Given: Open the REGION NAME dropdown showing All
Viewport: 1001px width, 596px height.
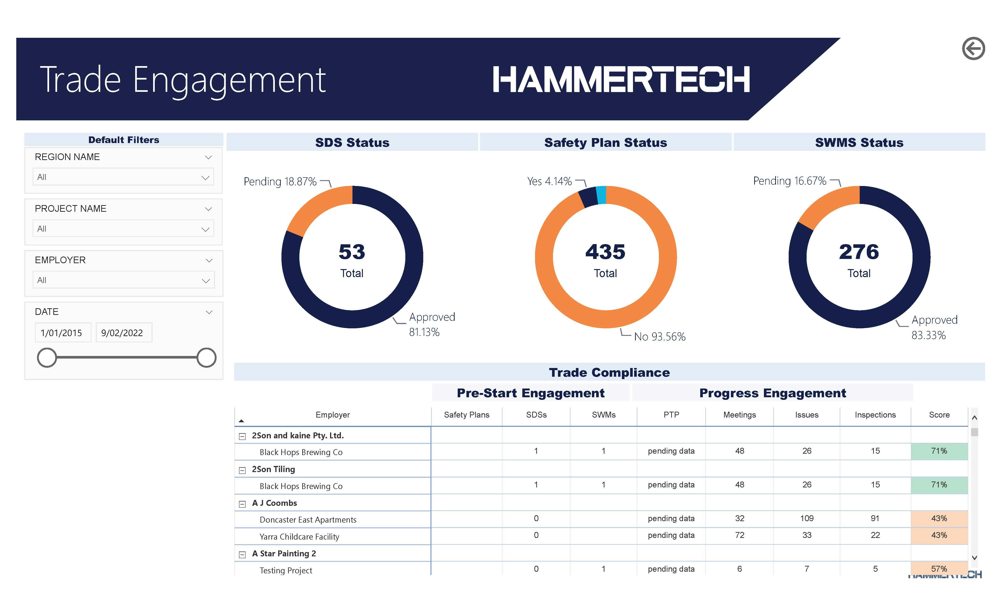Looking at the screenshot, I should click(123, 177).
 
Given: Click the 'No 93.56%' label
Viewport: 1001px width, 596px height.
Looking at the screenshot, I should click(659, 337).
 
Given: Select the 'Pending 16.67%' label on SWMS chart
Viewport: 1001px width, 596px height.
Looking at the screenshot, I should click(789, 181).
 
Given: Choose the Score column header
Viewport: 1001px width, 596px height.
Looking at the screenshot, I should click(938, 415).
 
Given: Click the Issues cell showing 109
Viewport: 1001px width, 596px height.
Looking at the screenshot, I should click(806, 519).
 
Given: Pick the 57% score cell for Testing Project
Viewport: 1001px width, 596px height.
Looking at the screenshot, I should click(938, 569).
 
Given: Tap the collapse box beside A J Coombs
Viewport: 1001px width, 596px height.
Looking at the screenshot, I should click(242, 504).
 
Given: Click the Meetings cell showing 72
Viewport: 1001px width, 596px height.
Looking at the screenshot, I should click(739, 535).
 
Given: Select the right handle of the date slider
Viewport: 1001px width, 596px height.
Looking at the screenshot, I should click(206, 357).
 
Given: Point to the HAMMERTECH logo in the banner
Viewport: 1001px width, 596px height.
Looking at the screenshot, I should click(620, 80).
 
